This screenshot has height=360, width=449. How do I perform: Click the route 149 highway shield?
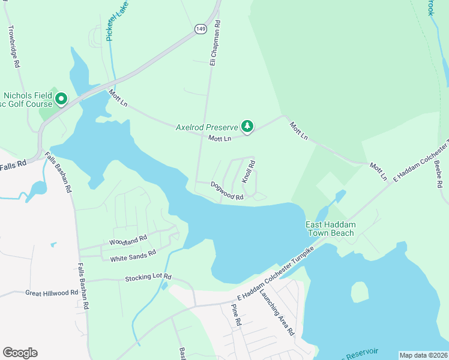(x=200, y=28)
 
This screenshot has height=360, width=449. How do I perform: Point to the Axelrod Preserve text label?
(x=206, y=127)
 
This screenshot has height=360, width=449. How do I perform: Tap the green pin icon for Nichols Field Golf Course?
(x=60, y=98)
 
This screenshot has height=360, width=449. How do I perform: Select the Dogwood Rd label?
(x=227, y=191)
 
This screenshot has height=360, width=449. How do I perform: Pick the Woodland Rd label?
(x=128, y=240)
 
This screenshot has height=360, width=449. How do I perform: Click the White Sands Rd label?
(x=133, y=256)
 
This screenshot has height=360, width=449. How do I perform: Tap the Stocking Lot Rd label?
(x=148, y=278)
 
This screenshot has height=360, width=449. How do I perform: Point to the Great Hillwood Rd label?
(x=52, y=293)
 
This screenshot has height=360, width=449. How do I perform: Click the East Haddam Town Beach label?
(x=330, y=229)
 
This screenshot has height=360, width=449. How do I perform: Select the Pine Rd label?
(x=236, y=315)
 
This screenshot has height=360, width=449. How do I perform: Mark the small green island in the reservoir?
(x=359, y=292)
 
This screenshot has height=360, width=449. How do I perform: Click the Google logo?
(x=20, y=353)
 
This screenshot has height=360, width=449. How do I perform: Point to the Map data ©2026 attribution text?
(x=423, y=355)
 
